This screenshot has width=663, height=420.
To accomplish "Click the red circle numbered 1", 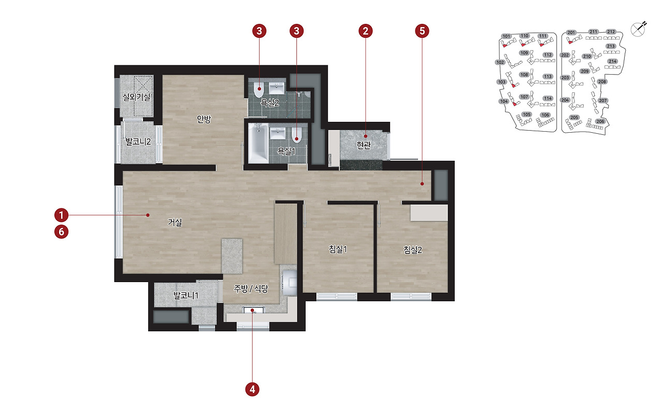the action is (61, 215).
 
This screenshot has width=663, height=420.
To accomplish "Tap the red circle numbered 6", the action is (61, 232).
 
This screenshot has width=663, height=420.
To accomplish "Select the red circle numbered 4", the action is (252, 389).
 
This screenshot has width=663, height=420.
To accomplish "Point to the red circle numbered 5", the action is (422, 31).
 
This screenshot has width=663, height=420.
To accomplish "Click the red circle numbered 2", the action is (366, 31).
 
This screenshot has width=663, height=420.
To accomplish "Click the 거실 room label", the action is (175, 222).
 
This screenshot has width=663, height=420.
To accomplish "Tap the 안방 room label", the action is (204, 119).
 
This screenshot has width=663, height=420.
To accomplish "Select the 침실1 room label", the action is (338, 249).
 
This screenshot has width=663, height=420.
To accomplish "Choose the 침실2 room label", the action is (413, 250).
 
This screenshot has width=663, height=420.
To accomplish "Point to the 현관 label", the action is (364, 145).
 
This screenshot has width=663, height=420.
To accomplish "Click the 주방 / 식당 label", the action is (251, 288).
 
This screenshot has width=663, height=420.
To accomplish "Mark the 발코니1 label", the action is (186, 296).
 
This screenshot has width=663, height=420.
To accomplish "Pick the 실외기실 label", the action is (136, 97).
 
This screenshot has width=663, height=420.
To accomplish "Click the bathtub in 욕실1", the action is (258, 143).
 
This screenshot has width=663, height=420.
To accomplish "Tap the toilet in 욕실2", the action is (258, 90).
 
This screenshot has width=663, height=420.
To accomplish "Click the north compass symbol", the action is (639, 30).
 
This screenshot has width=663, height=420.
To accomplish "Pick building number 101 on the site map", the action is (507, 36).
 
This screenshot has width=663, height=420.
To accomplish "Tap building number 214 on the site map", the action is (612, 61).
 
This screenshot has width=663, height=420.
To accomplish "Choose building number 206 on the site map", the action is (600, 121).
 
